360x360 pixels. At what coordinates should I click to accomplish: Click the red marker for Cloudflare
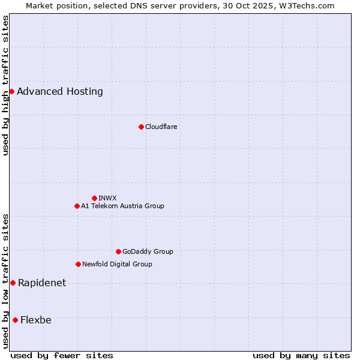pos(141,127)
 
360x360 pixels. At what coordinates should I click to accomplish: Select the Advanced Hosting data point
pos(11,91)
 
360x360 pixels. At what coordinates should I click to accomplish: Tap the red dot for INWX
pos(94,198)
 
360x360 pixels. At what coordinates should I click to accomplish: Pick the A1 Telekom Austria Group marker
pos(77,206)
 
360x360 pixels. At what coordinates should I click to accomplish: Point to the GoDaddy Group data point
pos(118,251)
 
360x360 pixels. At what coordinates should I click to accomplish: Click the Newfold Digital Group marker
pos(78,264)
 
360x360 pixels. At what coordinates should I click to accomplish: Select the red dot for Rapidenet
pos(13,283)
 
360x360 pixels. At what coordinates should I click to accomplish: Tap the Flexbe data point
pos(15,320)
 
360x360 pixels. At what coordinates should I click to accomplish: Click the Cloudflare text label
pos(161,127)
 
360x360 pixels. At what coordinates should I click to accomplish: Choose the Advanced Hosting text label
pos(60,91)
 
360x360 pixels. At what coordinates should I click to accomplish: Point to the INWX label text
pos(107,198)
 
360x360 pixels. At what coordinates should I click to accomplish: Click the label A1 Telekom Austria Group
pos(122,206)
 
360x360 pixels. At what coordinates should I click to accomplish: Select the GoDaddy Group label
pos(148,251)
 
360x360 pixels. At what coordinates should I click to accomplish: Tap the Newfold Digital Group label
pos(117,264)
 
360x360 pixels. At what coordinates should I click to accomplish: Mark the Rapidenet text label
pos(42,283)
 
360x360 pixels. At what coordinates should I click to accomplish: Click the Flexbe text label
pos(36,320)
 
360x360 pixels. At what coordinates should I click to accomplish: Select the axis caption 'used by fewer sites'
pos(62,355)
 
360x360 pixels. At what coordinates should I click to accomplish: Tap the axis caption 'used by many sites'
pos(301,355)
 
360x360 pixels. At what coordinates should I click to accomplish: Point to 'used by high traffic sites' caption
pos(5,85)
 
